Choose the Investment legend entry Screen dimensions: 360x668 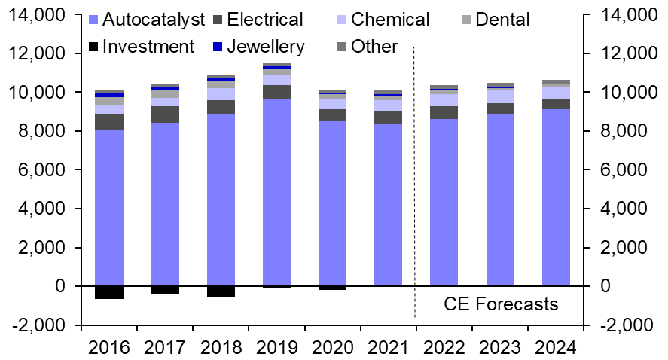coord(148,47)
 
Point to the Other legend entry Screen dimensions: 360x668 coord(374,47)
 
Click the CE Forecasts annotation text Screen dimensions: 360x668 coord(501,304)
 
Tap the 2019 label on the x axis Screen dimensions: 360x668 coord(276,348)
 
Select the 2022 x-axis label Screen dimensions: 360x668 coord(444,348)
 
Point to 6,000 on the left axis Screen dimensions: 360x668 coord(44,170)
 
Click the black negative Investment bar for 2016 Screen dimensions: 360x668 coord(109,293)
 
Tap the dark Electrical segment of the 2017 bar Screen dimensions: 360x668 coord(165,114)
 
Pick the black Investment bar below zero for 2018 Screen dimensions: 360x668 coord(221,292)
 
